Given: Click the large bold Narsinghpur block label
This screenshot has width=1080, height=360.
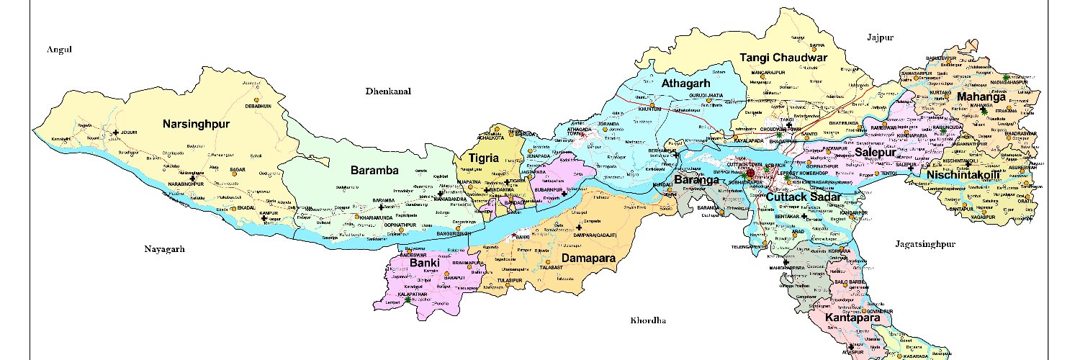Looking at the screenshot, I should [196, 125].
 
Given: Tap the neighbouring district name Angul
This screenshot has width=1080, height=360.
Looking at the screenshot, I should [60, 49].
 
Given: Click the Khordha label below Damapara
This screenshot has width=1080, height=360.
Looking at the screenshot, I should [649, 320].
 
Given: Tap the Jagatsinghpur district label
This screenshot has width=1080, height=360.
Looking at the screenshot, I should [925, 244].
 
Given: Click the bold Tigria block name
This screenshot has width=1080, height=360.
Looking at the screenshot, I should [484, 156].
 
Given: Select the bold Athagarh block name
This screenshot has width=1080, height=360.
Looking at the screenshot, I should [686, 84].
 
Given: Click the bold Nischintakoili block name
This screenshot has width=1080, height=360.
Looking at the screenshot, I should [963, 175].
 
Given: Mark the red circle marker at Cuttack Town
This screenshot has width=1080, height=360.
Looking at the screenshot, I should [751, 173].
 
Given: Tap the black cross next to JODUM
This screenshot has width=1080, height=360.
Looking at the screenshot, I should [116, 132].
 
